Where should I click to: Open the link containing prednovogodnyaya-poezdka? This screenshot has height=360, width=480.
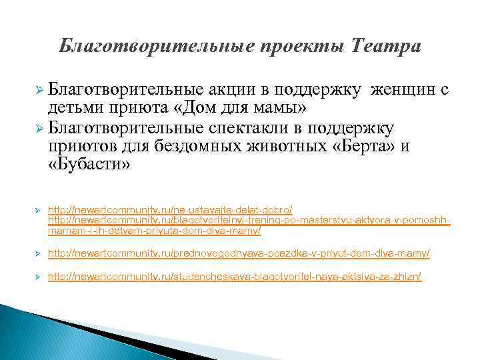239,253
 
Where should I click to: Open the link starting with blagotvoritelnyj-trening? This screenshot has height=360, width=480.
250,221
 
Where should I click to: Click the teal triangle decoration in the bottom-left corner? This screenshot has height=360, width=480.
27,333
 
